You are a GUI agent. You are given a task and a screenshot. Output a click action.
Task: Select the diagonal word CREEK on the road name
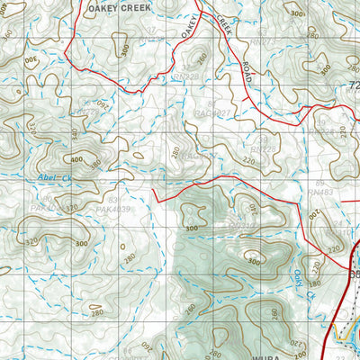223,28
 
